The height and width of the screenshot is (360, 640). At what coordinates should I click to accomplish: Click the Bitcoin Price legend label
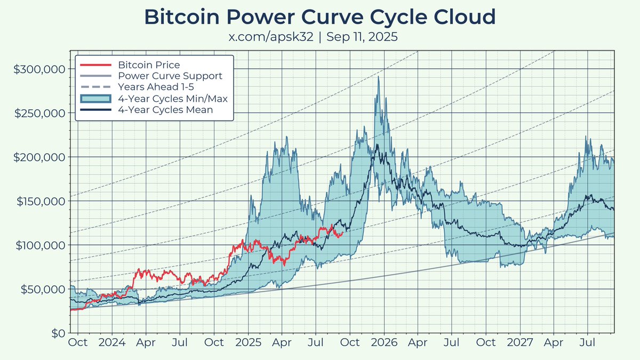tap(149, 65)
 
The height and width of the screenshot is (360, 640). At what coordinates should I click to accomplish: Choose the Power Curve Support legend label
tap(170, 76)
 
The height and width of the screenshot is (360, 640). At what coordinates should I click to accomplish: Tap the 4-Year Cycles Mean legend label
tap(165, 110)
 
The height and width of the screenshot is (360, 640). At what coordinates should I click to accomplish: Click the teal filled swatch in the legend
tap(95, 99)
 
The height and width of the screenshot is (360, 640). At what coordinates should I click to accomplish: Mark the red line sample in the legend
tap(95, 65)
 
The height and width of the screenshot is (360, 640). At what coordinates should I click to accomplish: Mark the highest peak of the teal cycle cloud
tap(379, 77)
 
